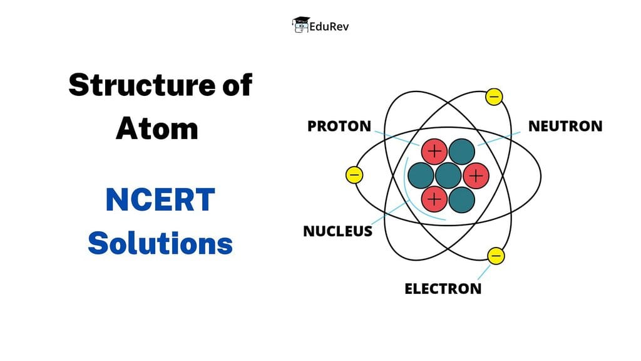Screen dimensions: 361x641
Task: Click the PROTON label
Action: pos(339,126)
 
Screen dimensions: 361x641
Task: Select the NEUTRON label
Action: pos(565,126)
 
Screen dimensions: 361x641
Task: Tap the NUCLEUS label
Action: pos(337,231)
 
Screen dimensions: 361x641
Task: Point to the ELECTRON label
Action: pos(443,288)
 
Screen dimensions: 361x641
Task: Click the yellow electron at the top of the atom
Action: pos(494,97)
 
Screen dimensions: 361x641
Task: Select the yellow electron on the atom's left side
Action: pos(354,175)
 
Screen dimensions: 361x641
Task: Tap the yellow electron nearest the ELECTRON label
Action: pos(496,256)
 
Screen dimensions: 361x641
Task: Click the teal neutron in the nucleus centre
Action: pos(448,175)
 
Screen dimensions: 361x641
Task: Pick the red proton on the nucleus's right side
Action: pos(475,175)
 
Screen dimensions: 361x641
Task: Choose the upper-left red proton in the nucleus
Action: pos(434,151)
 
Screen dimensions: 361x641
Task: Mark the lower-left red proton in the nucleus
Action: pos(434,199)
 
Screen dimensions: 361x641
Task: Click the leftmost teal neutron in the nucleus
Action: pos(421,175)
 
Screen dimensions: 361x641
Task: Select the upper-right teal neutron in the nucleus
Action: pos(461,151)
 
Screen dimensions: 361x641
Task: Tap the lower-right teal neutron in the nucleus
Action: pos(461,199)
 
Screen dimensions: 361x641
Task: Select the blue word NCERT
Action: pos(160,200)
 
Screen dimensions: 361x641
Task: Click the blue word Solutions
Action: pos(160,242)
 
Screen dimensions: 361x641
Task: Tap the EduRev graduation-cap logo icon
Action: pos(301,25)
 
